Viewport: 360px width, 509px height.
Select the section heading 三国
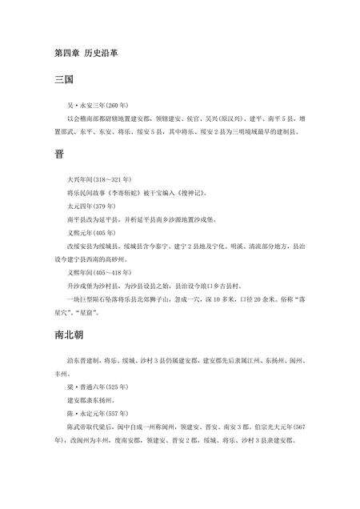click(63, 81)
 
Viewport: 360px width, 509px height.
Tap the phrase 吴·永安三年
click(82, 105)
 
